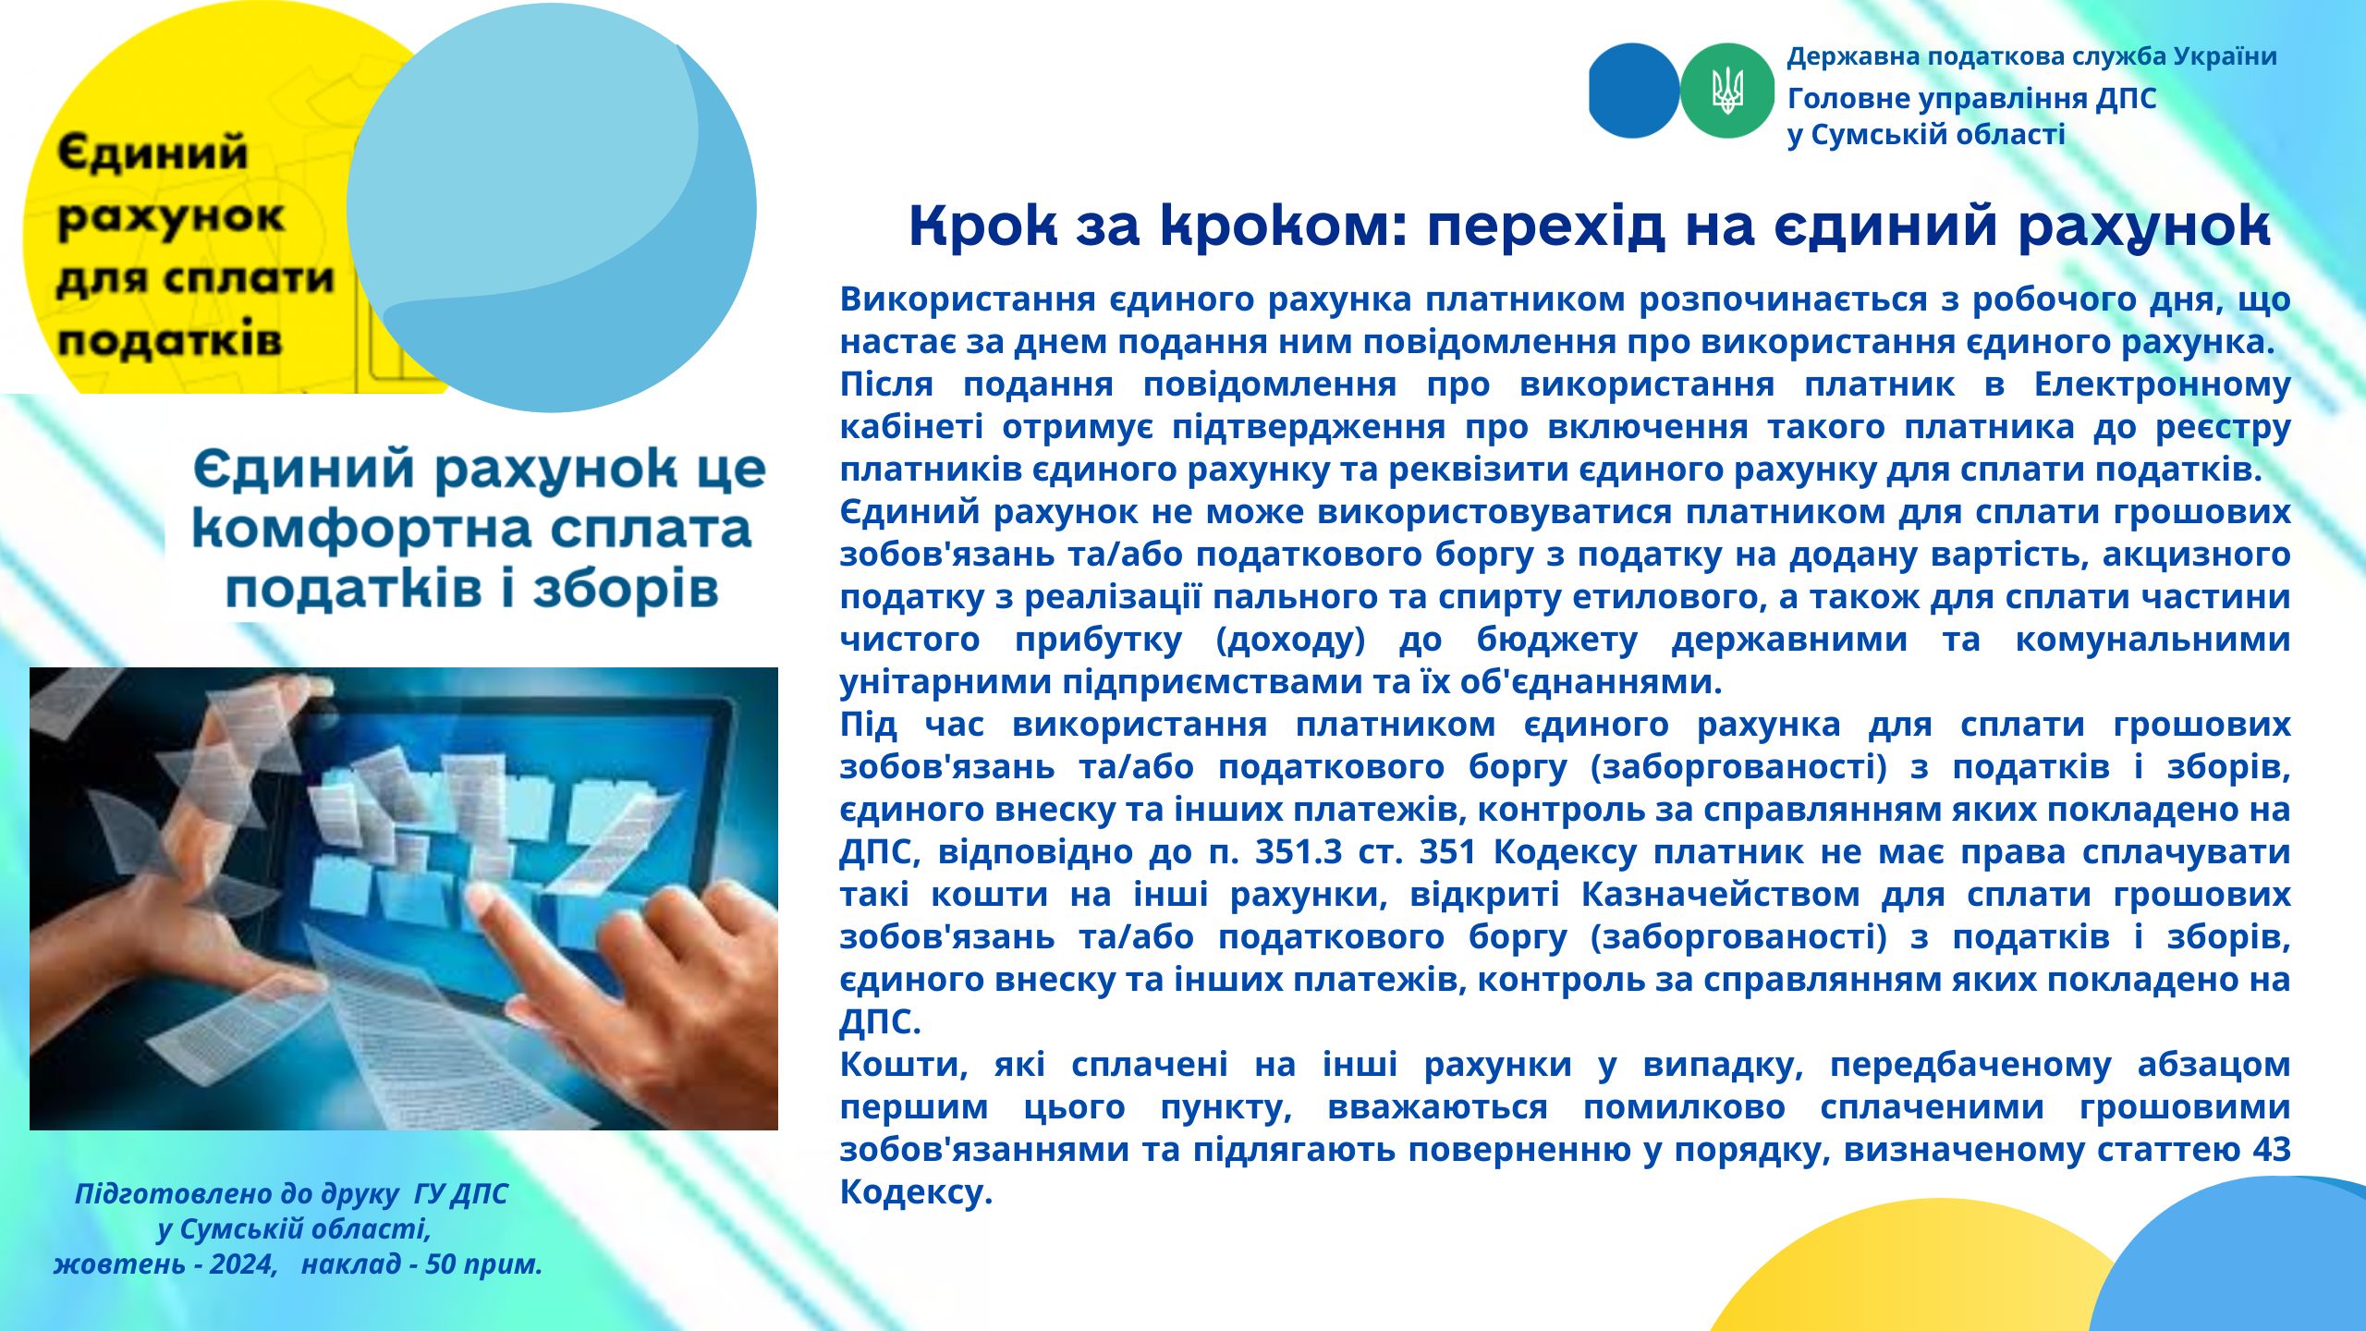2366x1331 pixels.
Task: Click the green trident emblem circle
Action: click(x=1726, y=91)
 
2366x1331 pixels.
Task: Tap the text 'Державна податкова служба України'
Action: click(x=2031, y=57)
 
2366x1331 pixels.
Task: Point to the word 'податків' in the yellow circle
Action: click(x=169, y=340)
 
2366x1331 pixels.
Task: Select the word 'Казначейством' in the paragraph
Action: click(x=1720, y=894)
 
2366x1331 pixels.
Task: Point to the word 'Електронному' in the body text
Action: click(x=2162, y=384)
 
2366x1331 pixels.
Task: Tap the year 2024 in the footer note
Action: click(x=243, y=1264)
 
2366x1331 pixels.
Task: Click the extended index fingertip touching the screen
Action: click(x=482, y=894)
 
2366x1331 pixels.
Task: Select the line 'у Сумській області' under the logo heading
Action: click(x=1925, y=135)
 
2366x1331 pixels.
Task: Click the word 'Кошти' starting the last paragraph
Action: click(x=903, y=1064)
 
